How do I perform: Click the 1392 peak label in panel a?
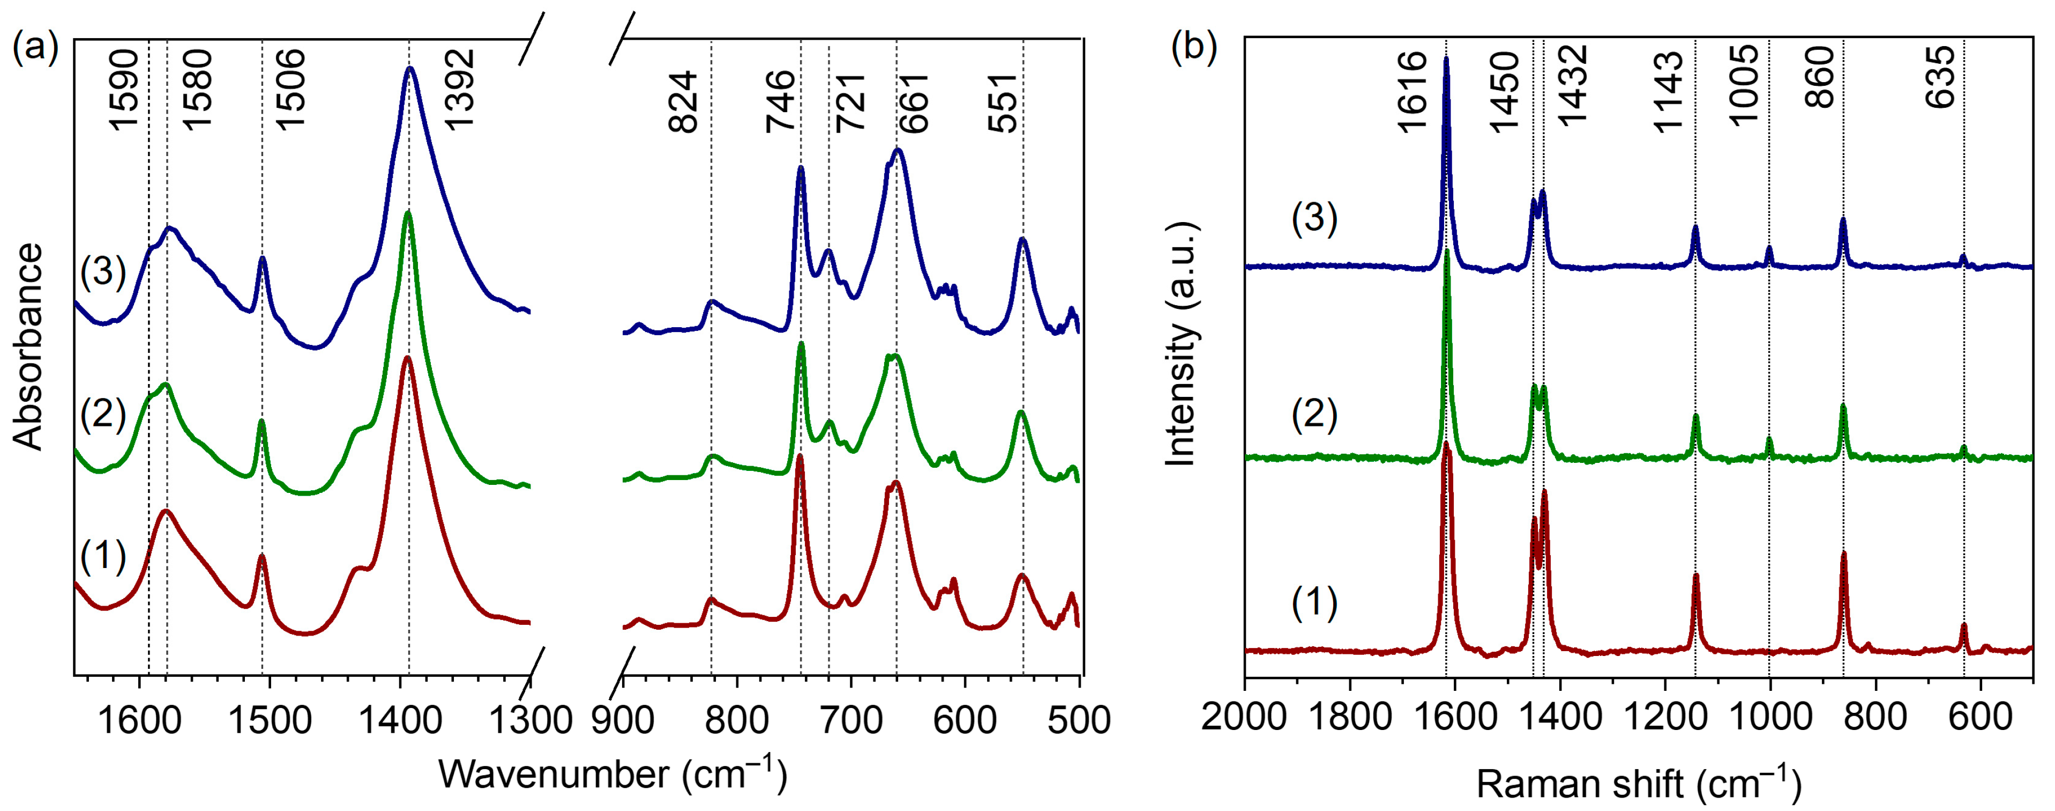(460, 89)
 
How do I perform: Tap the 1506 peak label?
(291, 89)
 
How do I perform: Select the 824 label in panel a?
(684, 102)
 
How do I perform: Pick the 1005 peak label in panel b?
(1744, 85)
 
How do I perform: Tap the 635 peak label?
(1940, 77)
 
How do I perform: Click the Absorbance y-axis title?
(29, 347)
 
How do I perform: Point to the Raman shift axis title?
(1639, 784)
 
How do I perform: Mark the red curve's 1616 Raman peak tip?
(1446, 444)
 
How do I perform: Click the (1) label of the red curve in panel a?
(103, 556)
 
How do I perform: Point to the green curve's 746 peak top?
(801, 344)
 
